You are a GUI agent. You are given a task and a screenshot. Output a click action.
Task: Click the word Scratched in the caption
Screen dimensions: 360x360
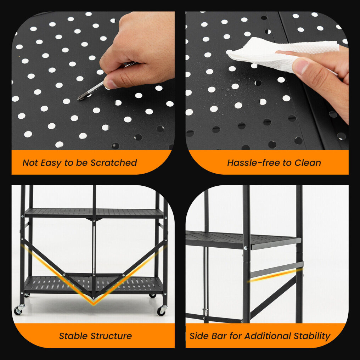point(114,163)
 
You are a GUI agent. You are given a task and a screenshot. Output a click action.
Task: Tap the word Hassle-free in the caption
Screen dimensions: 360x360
point(253,163)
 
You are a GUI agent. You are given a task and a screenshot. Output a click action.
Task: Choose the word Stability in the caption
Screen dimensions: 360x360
point(312,336)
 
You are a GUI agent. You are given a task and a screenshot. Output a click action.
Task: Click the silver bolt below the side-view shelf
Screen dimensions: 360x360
point(246,248)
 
